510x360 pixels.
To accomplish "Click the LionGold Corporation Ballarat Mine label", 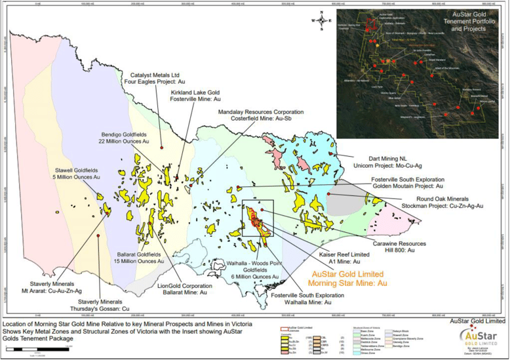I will pyautogui.click(x=196, y=290).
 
